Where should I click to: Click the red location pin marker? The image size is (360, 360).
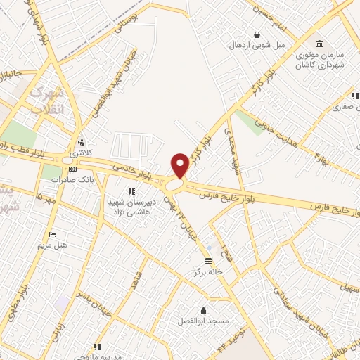point(180,165)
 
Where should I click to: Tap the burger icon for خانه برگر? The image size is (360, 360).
point(209,260)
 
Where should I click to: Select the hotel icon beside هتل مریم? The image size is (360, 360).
point(53,234)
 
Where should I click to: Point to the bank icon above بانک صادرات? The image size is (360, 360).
point(72,169)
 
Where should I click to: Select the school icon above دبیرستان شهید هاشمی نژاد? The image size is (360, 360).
point(131,191)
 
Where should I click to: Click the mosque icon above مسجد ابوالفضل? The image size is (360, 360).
point(203,309)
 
